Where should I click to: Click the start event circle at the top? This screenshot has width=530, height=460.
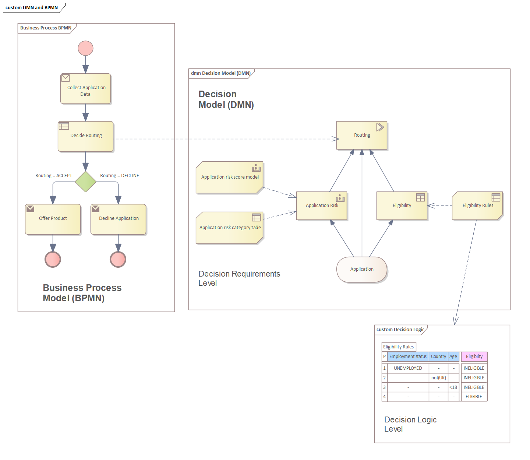(85, 48)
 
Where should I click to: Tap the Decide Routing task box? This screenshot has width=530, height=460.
(86, 136)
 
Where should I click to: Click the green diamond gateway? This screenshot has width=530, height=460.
(85, 182)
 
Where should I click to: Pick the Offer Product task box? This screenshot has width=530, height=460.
(53, 219)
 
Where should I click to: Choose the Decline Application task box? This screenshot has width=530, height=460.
(119, 219)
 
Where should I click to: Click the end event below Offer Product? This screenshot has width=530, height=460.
(53, 259)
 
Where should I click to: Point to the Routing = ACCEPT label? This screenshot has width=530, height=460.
(54, 176)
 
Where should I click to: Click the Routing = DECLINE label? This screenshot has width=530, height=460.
(120, 176)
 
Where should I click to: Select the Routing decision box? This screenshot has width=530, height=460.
(362, 136)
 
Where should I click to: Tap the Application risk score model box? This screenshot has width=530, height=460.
(230, 177)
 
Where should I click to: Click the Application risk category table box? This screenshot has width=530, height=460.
(230, 228)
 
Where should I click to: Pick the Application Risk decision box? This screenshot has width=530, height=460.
(322, 206)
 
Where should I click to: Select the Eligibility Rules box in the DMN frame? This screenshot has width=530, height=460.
(477, 206)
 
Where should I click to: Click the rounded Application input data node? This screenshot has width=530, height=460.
(362, 270)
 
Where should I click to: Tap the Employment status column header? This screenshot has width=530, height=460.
(408, 357)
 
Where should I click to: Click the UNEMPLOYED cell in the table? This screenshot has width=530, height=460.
(408, 368)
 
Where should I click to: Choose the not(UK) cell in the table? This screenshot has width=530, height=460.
(438, 378)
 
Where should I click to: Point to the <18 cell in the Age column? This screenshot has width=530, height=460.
(453, 387)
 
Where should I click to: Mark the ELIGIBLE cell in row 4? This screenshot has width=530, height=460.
(474, 397)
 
